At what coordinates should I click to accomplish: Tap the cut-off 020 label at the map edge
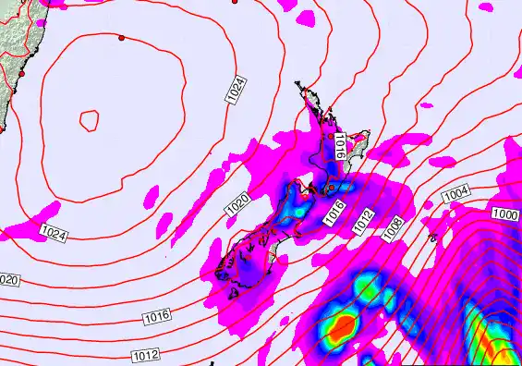pos(8,279)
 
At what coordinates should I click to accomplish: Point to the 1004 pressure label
pos(455,194)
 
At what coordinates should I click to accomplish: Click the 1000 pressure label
pos(504,213)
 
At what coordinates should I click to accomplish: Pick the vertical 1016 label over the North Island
pos(340,147)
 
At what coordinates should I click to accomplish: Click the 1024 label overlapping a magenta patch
pos(54,235)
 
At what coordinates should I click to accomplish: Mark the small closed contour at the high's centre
pos(89,119)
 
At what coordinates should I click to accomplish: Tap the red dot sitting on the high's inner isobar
pos(121,38)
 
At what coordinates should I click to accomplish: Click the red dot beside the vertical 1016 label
pos(330,135)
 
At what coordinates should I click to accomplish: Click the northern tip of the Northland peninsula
pos(298,85)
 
